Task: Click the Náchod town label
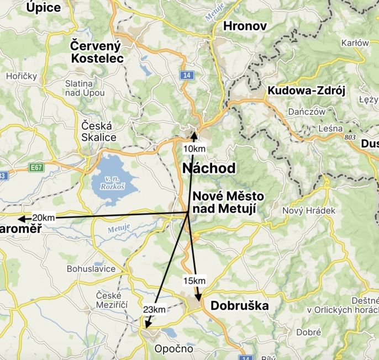(x=209, y=168)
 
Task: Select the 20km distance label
(x=44, y=218)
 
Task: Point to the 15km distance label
(x=194, y=281)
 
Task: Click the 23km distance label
(x=154, y=309)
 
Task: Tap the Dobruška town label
(x=239, y=306)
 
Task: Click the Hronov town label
(x=245, y=26)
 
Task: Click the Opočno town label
(x=173, y=348)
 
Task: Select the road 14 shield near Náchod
(x=188, y=75)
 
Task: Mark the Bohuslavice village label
(x=91, y=268)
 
